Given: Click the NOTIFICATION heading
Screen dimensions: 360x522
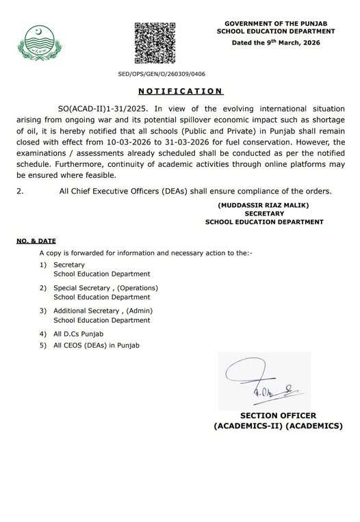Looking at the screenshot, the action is click(180, 91).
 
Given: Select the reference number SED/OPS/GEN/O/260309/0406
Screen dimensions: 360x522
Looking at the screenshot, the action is click(162, 74).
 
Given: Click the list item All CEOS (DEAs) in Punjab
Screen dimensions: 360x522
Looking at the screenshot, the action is click(96, 345).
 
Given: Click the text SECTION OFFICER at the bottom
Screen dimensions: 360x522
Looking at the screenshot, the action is click(278, 415).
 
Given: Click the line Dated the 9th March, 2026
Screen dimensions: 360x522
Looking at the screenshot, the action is click(277, 42).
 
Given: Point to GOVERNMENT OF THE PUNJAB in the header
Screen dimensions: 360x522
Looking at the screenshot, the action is click(277, 23).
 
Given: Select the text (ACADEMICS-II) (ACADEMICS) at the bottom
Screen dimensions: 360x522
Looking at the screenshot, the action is click(278, 426).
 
